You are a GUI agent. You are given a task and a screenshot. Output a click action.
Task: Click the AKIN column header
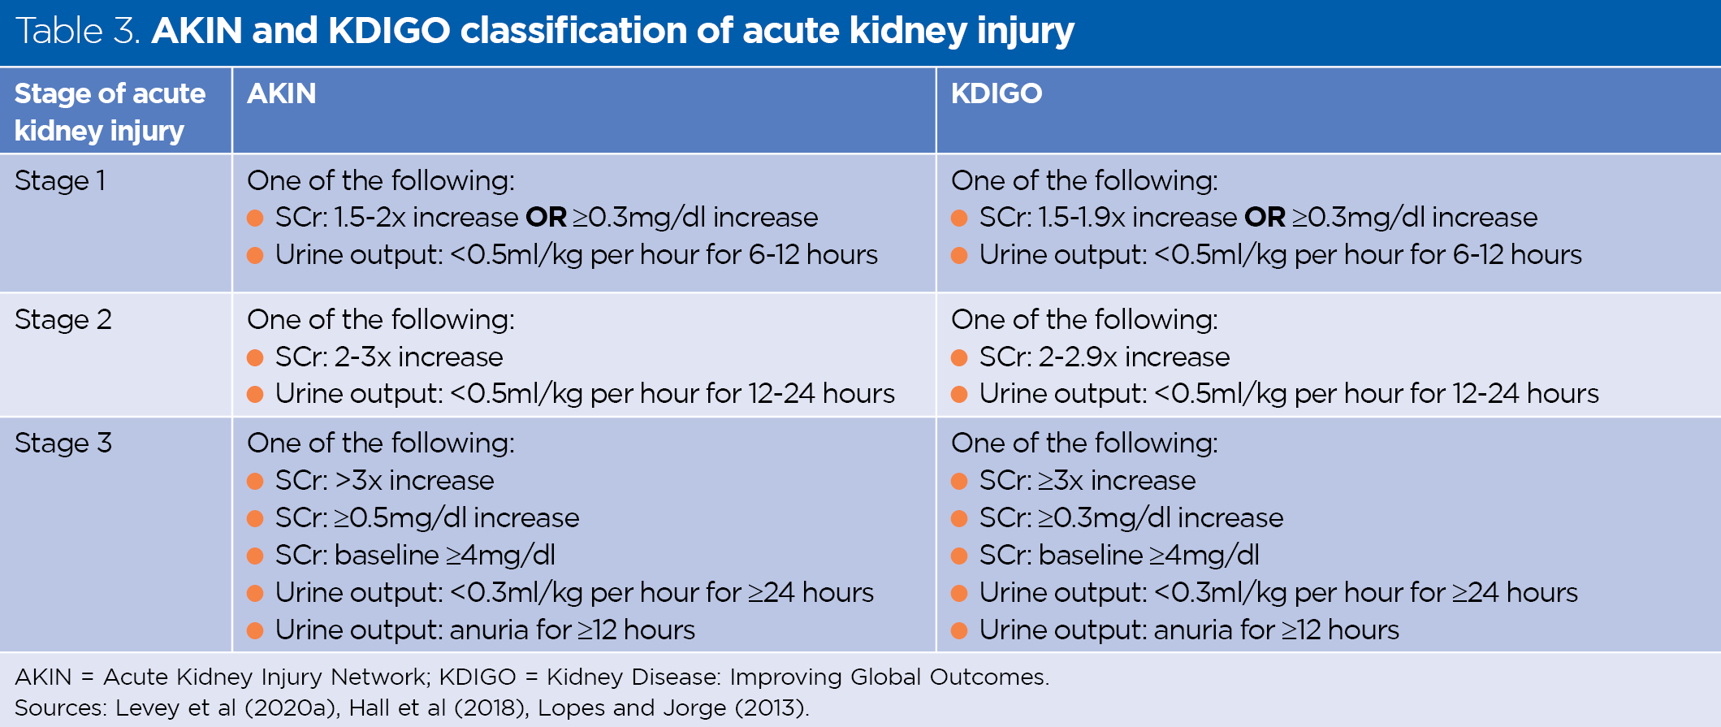click(x=281, y=93)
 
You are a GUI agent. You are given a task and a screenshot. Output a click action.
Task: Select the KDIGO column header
click(x=996, y=93)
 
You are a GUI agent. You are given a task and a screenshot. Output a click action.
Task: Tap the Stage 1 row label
click(x=60, y=180)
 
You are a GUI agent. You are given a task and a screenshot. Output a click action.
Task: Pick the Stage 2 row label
click(x=63, y=319)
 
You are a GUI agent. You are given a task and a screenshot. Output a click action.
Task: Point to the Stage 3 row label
click(x=63, y=443)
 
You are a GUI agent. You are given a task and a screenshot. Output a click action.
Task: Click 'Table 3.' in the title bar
click(x=79, y=31)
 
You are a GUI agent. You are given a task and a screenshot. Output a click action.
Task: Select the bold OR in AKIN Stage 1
click(x=546, y=218)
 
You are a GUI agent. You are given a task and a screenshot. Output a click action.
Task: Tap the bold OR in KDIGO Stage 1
click(x=1265, y=218)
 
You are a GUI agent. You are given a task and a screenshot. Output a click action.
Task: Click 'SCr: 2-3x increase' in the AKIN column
click(x=388, y=357)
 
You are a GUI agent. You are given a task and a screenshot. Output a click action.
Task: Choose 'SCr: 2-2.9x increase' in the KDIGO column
click(x=1104, y=357)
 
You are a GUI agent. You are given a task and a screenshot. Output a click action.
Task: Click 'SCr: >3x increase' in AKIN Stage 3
click(x=384, y=480)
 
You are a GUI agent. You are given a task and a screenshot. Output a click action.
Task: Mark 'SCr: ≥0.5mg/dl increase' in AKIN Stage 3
click(x=426, y=517)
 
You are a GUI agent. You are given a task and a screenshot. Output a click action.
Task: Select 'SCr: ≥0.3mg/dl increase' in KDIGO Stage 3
click(x=1131, y=517)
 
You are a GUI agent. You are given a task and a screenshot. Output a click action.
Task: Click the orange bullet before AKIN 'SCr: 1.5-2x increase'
click(x=255, y=218)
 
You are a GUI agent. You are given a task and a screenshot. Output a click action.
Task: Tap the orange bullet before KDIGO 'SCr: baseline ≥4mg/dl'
click(x=959, y=556)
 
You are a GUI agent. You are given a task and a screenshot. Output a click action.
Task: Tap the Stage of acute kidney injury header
click(x=110, y=111)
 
